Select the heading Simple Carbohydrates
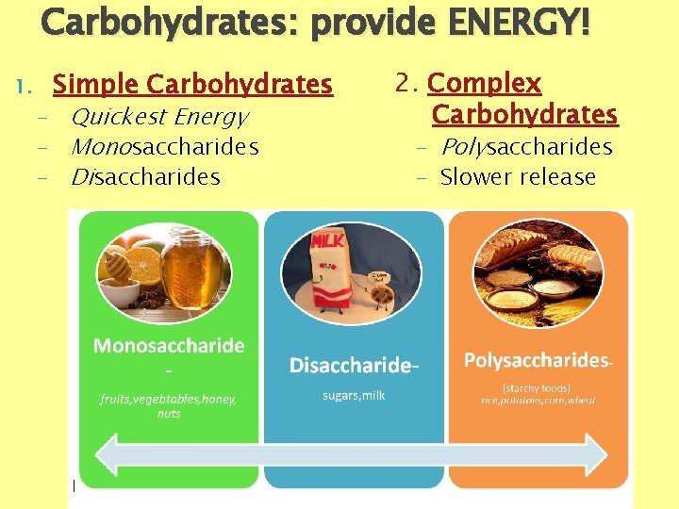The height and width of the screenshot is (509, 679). coord(192,85)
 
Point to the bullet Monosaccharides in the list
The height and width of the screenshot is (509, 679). coord(165,147)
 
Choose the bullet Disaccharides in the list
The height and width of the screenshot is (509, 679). coord(145,176)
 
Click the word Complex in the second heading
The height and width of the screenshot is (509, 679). coord(484,83)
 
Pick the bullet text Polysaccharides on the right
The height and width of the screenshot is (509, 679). coord(526,147)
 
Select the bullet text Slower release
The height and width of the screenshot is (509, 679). coord(518,176)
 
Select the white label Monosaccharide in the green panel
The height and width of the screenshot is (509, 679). coord(169,346)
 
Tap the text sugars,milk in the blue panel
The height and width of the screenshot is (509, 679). coord(354,395)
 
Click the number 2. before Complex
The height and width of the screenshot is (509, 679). coord(407,83)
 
